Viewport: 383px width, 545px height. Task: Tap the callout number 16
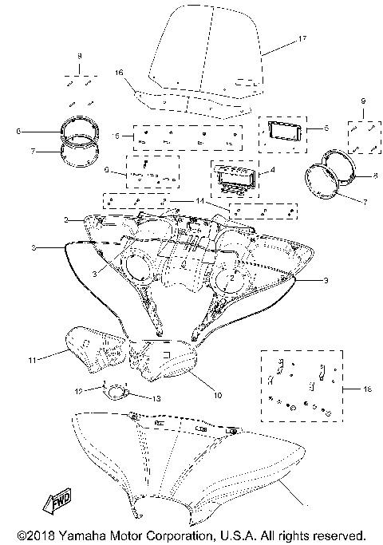tap(119, 72)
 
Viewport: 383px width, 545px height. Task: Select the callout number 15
tap(116, 136)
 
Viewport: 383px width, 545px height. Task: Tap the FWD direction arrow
tap(61, 503)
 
